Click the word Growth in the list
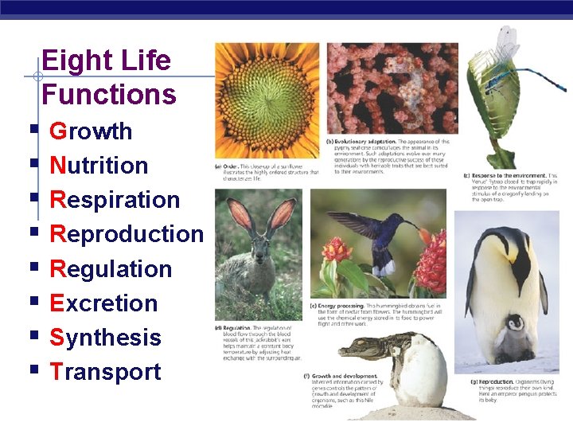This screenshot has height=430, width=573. pyautogui.click(x=91, y=131)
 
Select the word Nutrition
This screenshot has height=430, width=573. pyautogui.click(x=99, y=166)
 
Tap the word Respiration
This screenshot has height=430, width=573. pyautogui.click(x=115, y=200)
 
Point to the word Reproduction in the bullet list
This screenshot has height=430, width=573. pyautogui.click(x=127, y=234)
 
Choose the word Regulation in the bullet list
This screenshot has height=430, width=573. pyautogui.click(x=111, y=269)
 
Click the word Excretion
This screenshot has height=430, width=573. pyautogui.click(x=103, y=303)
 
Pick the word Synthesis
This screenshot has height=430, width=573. pyautogui.click(x=105, y=338)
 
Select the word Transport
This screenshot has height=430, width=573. pyautogui.click(x=105, y=372)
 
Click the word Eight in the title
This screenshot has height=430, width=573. pyautogui.click(x=74, y=61)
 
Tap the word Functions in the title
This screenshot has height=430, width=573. pyautogui.click(x=108, y=95)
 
